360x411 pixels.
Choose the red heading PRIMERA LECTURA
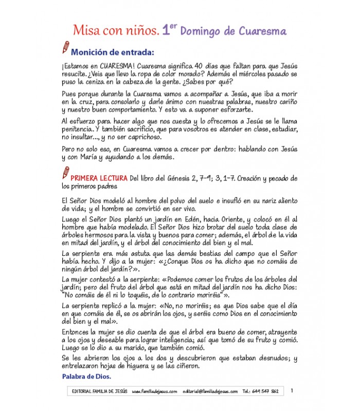click(99, 178)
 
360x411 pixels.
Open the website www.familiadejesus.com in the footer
click(154, 391)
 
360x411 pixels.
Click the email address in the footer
click(210, 391)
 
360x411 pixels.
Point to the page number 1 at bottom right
click(292, 391)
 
